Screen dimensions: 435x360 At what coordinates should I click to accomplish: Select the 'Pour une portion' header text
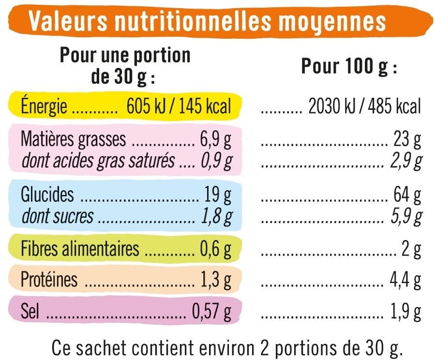pos(125,56)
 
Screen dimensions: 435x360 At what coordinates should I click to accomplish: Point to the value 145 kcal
pos(205,106)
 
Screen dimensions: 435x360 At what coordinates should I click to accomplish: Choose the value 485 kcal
pos(394,106)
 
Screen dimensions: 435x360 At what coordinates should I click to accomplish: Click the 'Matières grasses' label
pos(73,139)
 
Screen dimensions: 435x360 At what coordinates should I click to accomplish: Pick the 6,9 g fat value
pos(215,140)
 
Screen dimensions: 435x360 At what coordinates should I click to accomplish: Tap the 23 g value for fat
pos(407,140)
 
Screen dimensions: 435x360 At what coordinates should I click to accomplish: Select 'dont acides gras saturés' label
pos(98,161)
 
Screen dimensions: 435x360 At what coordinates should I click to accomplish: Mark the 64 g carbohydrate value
pos(407,195)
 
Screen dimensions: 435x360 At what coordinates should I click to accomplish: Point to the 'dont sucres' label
pos(58,216)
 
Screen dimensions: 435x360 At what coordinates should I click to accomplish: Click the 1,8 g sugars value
pos(217,217)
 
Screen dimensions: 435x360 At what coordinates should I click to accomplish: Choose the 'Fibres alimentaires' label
pos(80,248)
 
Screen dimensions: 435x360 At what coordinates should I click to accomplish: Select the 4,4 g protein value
pos(405,281)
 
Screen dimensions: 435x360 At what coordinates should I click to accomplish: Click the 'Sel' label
pos(30,311)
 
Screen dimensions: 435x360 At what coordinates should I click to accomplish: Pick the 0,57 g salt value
pos(211,312)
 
